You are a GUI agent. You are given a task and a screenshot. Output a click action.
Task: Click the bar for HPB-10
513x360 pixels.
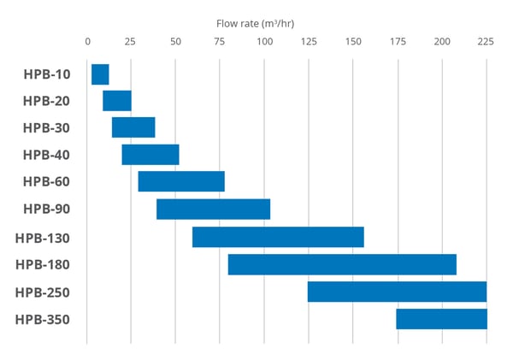[100, 74]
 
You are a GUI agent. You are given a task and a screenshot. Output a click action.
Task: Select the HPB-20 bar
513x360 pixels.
[117, 101]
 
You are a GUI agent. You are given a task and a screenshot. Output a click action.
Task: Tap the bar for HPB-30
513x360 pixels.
[133, 127]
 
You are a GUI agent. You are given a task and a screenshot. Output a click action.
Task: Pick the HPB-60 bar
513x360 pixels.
[181, 181]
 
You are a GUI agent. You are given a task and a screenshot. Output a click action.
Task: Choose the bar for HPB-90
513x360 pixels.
[213, 209]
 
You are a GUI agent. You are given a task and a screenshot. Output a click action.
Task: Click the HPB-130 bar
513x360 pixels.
[278, 237]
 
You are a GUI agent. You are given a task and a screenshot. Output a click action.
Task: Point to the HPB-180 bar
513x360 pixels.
[342, 264]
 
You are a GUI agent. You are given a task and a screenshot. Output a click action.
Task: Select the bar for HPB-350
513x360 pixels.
[441, 319]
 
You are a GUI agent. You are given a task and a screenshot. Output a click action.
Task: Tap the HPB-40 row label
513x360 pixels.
[46, 155]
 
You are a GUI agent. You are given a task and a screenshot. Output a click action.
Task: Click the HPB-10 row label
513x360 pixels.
[46, 74]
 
